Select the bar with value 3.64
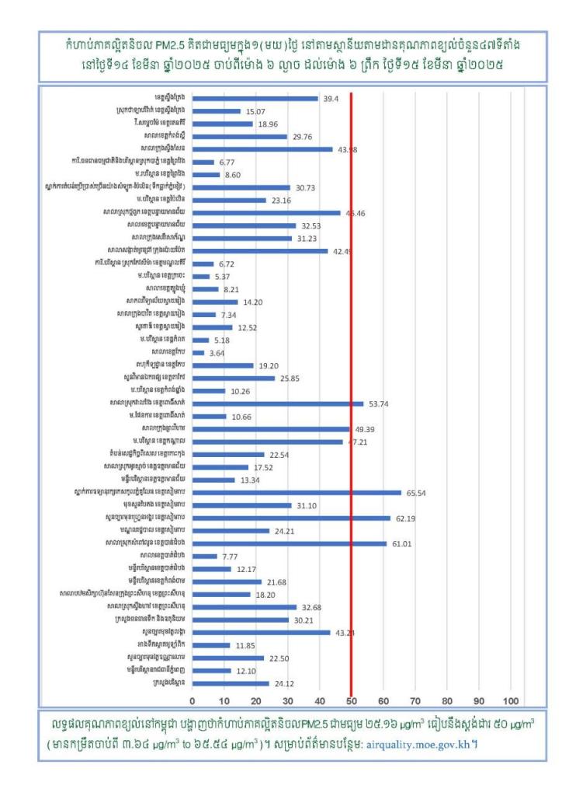tap(198, 353)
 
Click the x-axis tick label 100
tap(512, 699)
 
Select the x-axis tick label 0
tap(193, 699)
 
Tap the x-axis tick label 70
tap(415, 699)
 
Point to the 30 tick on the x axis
tap(288, 699)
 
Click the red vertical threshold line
tap(352, 389)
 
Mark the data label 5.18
tap(224, 340)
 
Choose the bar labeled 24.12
tap(231, 683)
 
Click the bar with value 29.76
tap(239, 137)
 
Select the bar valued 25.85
tap(234, 379)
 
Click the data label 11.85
tap(245, 645)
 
